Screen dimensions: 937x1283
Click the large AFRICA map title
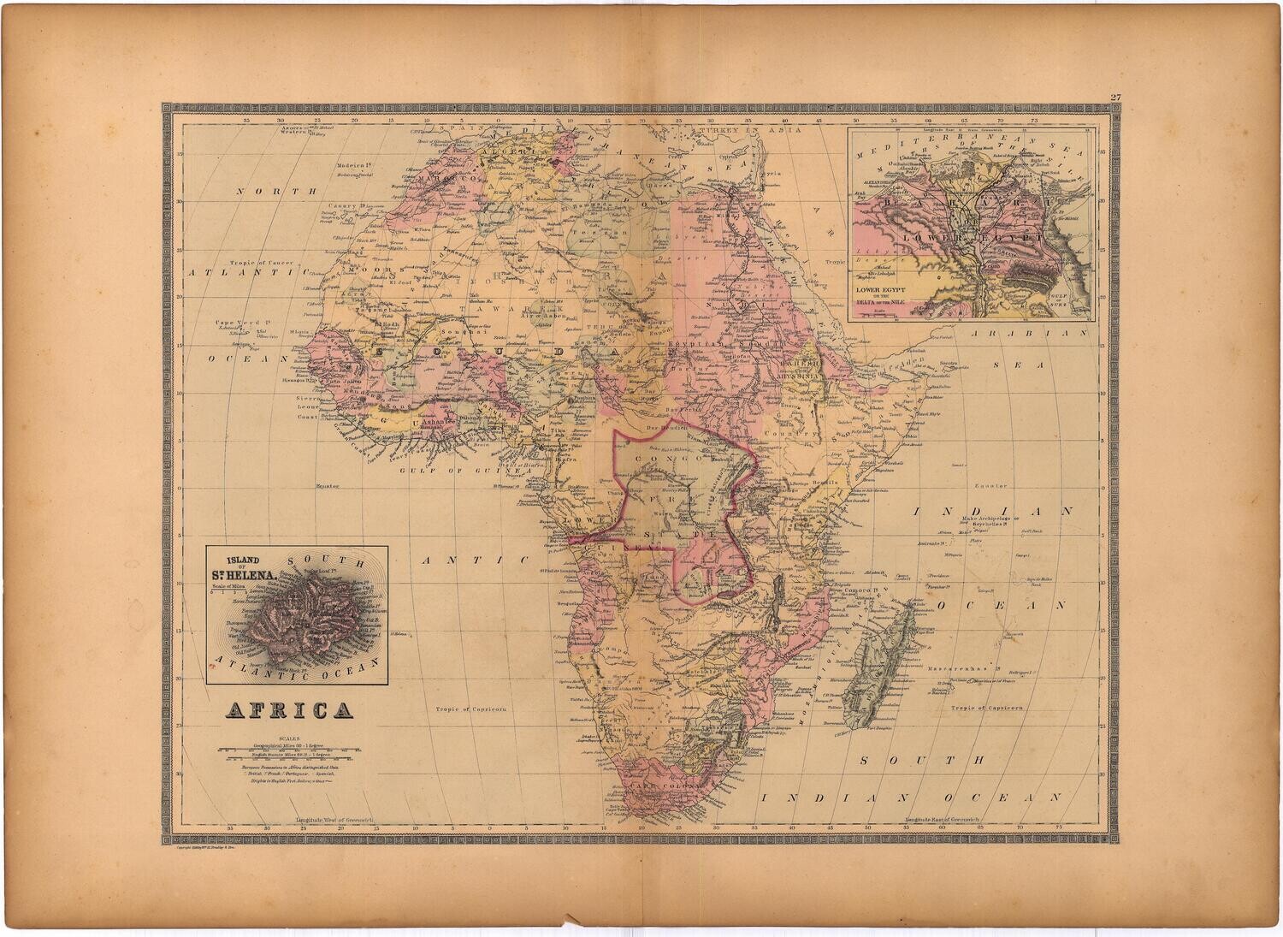click(x=287, y=710)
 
